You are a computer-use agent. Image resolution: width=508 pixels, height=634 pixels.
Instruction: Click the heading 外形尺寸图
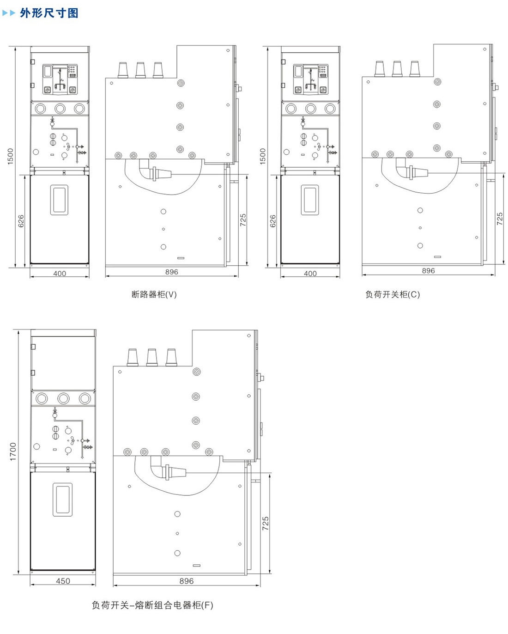coord(49,13)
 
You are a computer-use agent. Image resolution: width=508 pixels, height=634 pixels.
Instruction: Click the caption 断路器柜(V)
coord(154,294)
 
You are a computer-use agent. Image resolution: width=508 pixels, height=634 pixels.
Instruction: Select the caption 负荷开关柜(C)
coord(393,294)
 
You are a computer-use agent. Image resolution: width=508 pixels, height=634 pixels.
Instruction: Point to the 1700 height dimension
coord(13,451)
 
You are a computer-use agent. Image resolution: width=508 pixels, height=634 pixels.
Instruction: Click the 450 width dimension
coord(63,581)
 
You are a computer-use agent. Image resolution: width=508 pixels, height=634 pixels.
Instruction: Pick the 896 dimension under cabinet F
coord(187,581)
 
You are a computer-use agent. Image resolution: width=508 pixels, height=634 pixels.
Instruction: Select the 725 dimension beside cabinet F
coord(266,523)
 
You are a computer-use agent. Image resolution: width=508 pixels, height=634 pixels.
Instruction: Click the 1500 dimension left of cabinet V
coord(10,157)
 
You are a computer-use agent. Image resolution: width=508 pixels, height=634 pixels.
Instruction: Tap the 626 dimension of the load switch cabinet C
coord(273,221)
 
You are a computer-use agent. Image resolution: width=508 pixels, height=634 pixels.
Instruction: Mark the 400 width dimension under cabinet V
coord(60,274)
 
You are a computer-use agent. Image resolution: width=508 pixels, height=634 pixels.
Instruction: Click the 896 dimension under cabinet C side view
coord(429,271)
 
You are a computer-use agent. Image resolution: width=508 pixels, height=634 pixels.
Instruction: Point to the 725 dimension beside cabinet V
coord(243,220)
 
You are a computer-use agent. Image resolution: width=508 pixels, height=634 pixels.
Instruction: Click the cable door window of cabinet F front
coord(62,500)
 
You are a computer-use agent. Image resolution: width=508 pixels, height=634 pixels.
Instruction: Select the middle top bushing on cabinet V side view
coord(140,70)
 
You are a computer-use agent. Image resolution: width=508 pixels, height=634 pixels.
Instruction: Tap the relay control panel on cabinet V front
coord(60,79)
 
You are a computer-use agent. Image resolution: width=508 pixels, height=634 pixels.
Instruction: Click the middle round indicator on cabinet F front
coord(63,398)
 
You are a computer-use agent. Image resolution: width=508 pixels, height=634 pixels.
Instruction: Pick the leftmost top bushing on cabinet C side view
coord(380,69)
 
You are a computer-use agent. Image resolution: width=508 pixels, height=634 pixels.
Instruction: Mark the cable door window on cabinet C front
coord(310,200)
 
